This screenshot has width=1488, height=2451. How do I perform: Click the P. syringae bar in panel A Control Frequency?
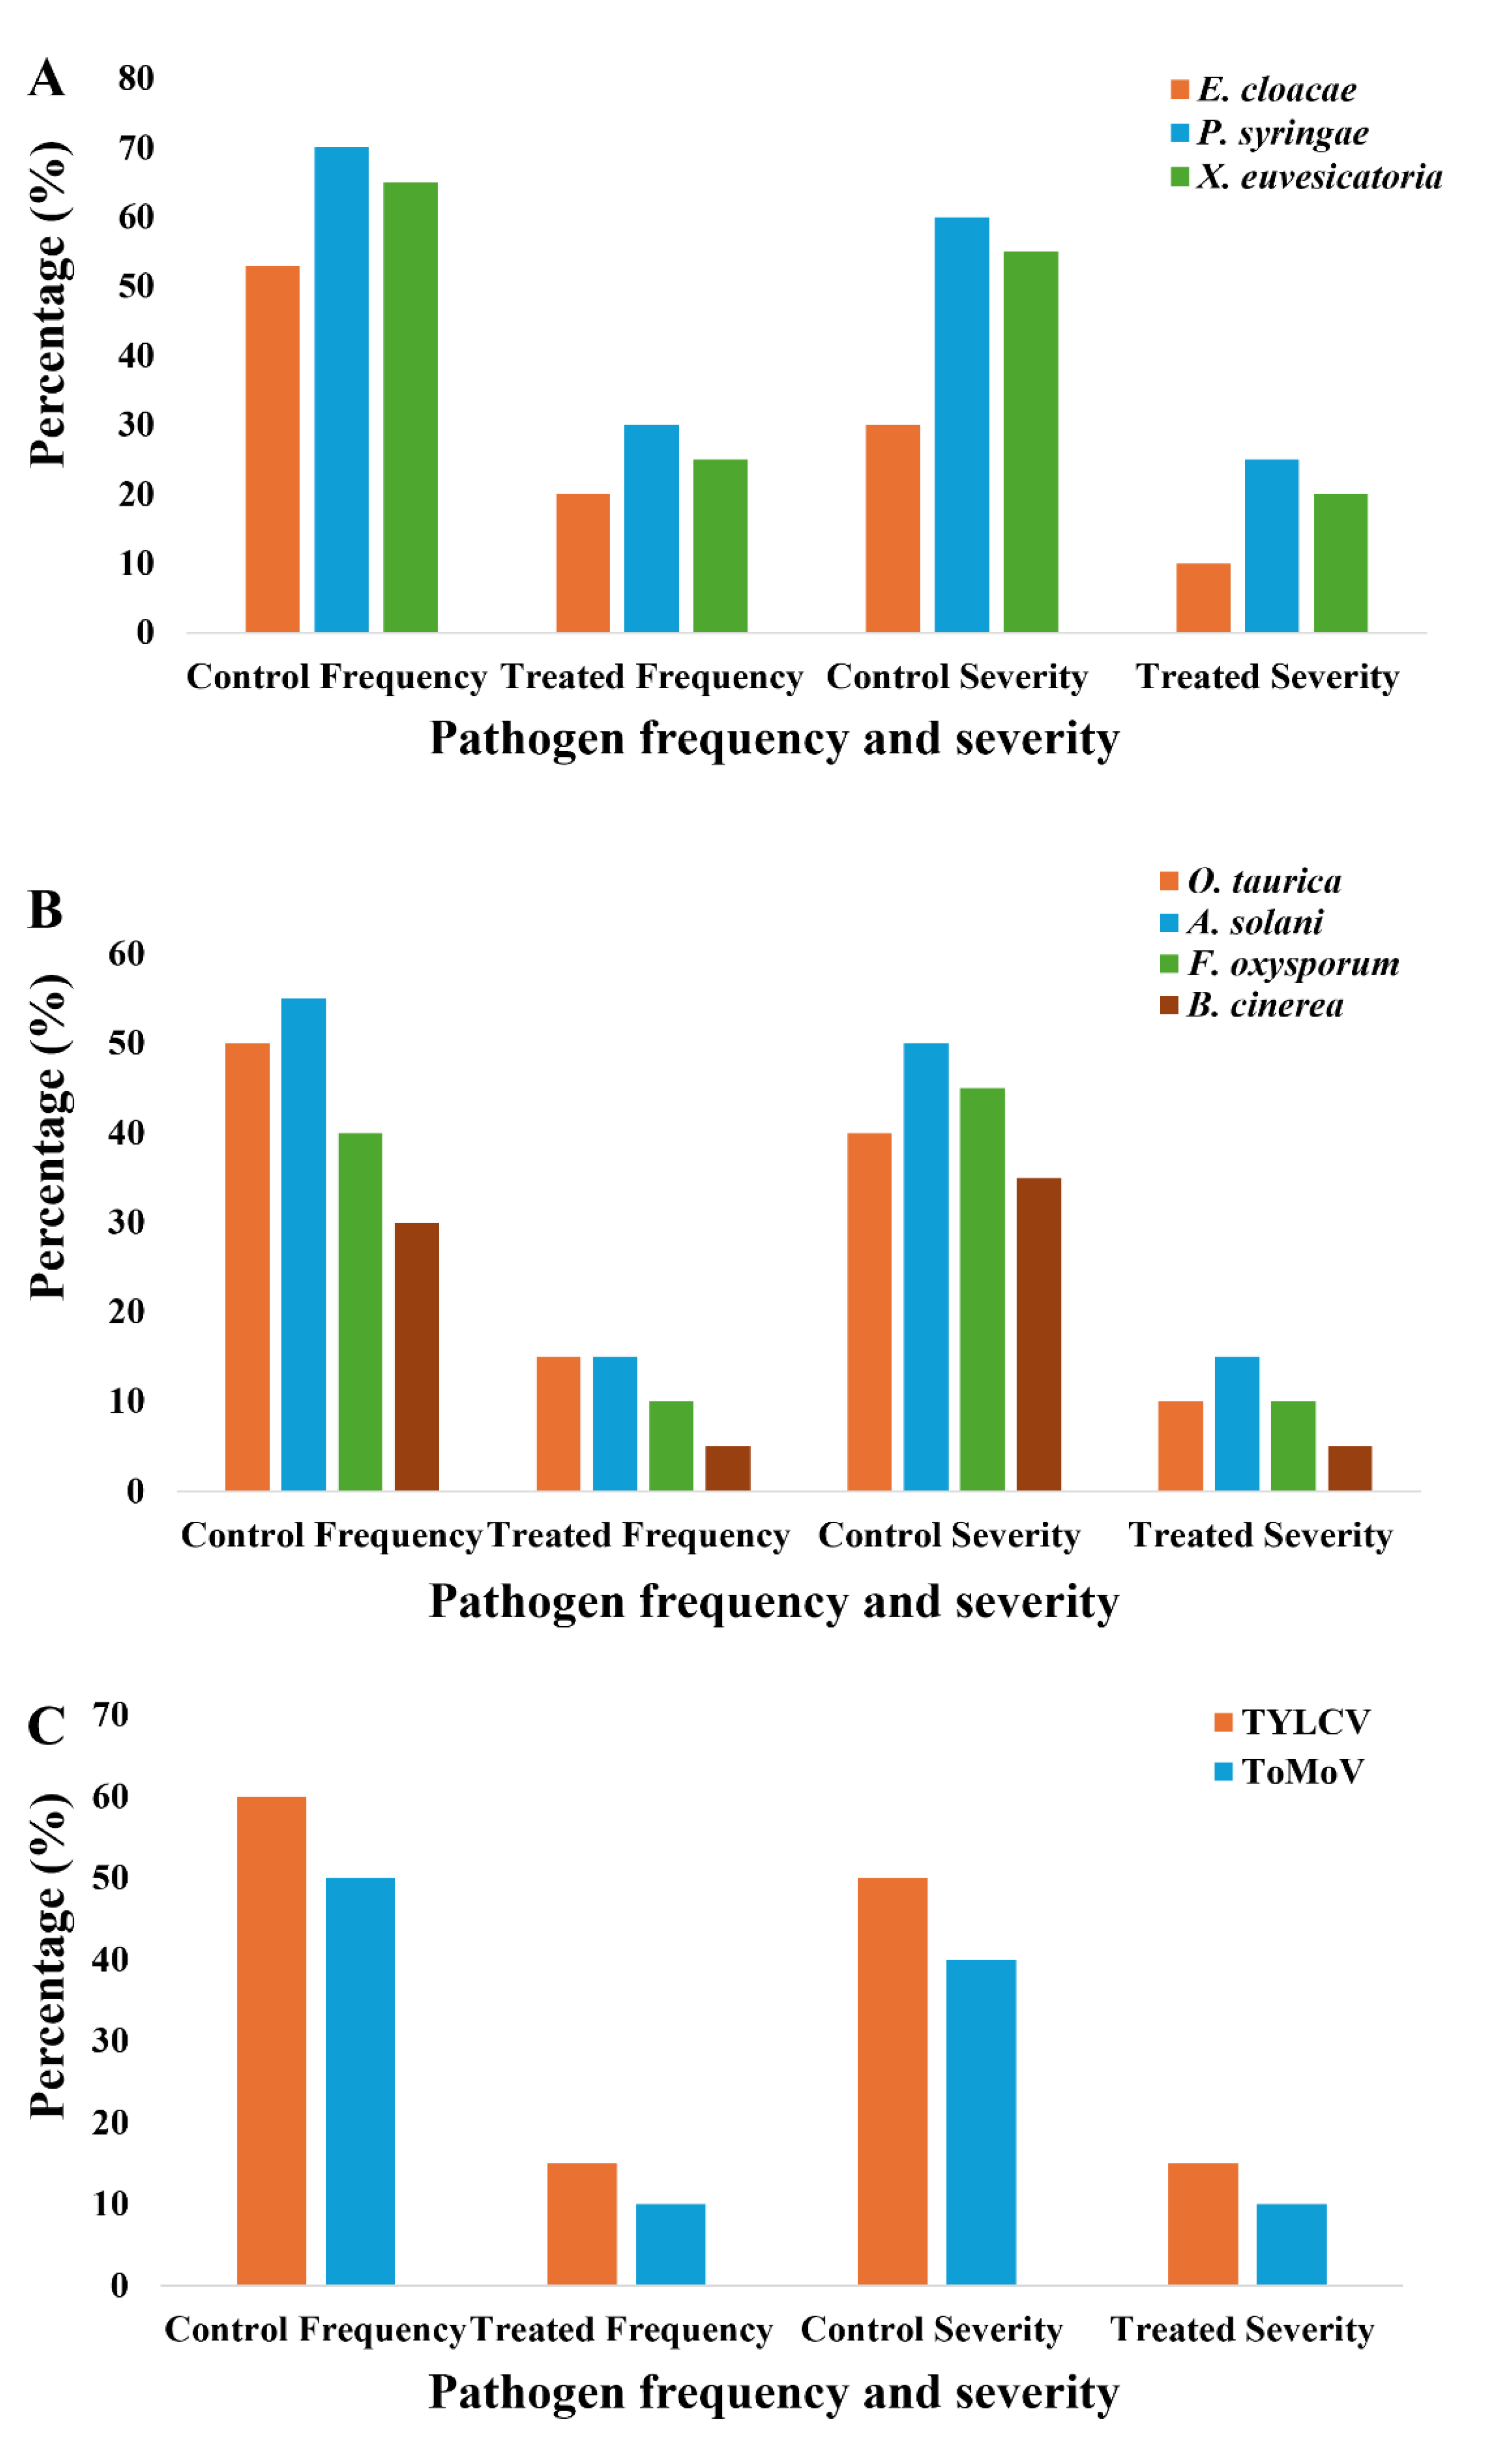click(341, 390)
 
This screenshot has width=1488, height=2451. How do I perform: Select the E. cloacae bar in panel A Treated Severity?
click(1203, 598)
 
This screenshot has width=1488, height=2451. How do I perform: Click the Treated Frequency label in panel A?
click(651, 677)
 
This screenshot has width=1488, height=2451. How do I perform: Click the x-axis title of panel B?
click(774, 1601)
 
